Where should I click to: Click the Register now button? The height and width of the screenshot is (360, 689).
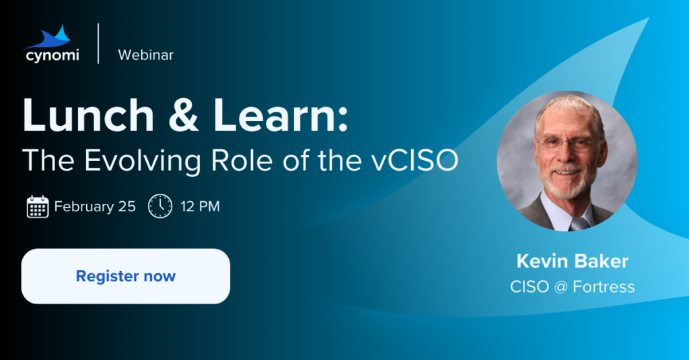pos(126,276)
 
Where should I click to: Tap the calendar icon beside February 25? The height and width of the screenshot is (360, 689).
pos(38,207)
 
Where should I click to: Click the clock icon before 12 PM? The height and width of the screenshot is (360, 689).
pos(160,206)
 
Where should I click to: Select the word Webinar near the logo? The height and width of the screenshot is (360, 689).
pos(146,55)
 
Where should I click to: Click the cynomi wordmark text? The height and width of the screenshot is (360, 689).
pos(52,56)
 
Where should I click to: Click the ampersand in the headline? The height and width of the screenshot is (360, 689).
pos(184,115)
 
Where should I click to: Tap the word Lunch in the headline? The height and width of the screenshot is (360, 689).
pos(88,115)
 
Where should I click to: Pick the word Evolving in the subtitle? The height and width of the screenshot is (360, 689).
pos(143,161)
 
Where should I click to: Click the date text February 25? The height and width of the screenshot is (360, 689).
pos(95,207)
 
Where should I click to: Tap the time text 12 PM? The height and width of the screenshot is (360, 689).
pos(201,207)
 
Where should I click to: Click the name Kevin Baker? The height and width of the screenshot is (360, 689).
pos(573,261)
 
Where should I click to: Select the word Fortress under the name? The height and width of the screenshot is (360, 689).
pos(604,287)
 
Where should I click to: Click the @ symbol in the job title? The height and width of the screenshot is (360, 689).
pos(561,287)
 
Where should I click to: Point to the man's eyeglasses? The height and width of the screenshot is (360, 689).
pos(567,144)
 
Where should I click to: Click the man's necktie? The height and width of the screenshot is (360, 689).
pos(579,223)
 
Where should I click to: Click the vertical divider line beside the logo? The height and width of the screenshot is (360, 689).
pos(98,44)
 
